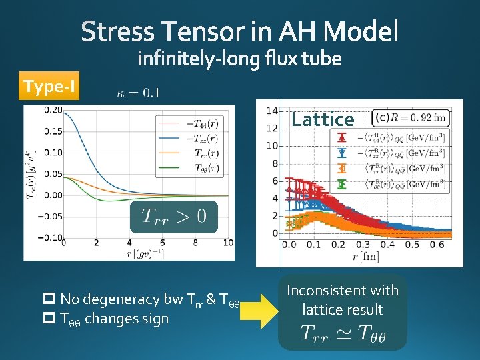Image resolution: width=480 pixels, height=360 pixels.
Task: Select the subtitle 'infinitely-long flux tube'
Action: coord(239,60)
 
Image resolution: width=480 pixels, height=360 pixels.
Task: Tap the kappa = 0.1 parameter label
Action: coord(137,93)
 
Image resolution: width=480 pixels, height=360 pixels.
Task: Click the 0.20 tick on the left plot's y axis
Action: coord(53,110)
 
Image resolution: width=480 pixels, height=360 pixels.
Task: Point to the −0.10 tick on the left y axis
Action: coord(51,238)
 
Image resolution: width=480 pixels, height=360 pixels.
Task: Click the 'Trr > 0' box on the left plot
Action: coord(174,215)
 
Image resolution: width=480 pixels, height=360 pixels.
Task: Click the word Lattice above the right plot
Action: coord(323,119)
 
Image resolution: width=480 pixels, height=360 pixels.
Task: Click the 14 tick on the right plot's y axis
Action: coord(272,111)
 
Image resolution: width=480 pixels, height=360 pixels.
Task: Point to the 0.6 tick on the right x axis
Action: coord(437,245)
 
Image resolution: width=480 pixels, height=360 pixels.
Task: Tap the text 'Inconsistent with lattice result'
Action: coord(342,300)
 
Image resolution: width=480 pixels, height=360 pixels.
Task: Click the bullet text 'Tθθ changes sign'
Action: coord(114,319)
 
